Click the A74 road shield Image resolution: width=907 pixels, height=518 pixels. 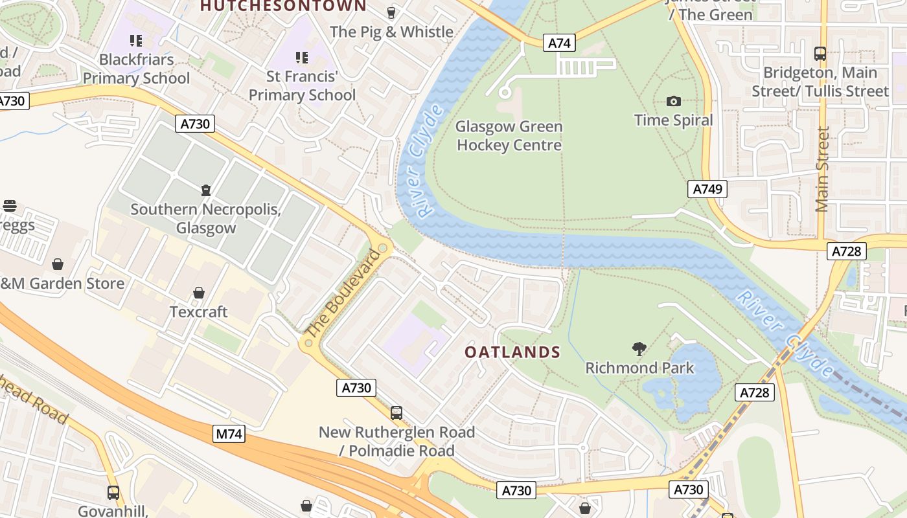[x=560, y=43]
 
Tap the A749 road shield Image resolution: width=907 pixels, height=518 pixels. [x=707, y=189]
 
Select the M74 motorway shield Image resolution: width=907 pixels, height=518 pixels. [x=229, y=434]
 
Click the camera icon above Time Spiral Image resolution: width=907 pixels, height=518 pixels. [x=674, y=101]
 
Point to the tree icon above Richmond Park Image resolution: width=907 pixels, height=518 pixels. [x=639, y=349]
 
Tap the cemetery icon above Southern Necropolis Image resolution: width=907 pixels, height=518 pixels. [x=206, y=190]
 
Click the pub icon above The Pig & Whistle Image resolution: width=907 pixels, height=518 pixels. [x=391, y=12]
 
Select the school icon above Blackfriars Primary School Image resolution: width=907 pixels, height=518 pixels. [x=136, y=41]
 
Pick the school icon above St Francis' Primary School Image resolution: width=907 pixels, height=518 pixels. [x=302, y=58]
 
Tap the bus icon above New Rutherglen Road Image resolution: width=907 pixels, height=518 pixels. [x=396, y=412]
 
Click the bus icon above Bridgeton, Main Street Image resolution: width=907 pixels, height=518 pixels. [x=820, y=54]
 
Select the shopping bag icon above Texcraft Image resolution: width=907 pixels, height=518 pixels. [x=199, y=293]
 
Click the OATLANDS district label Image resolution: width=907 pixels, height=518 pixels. [x=512, y=352]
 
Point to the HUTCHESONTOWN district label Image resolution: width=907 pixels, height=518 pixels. [x=283, y=6]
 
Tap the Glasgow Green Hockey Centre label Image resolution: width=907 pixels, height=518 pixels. [x=509, y=136]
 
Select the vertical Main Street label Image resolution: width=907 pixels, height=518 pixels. [x=822, y=169]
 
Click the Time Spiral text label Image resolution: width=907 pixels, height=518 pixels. [x=673, y=120]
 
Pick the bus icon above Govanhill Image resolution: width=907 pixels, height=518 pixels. [x=113, y=493]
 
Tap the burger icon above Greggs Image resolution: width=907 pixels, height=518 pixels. [x=9, y=206]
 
